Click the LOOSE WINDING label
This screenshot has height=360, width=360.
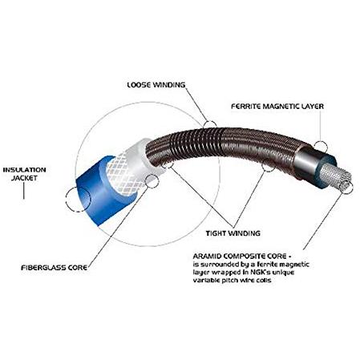point(156,85)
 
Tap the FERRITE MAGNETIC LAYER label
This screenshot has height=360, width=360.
point(277,107)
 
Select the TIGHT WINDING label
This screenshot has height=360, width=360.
point(233,233)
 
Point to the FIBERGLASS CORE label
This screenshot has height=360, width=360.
point(55,268)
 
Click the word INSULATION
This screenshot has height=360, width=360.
point(25,170)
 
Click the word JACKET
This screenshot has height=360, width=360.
point(24,178)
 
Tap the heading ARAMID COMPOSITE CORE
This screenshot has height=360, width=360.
point(240,257)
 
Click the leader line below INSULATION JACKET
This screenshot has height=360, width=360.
point(24,191)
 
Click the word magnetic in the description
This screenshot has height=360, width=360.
point(293,265)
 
